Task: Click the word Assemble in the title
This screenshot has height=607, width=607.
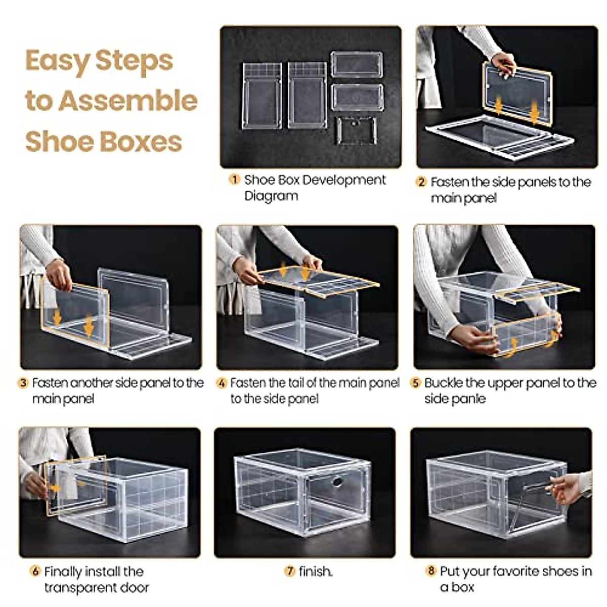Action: point(128,101)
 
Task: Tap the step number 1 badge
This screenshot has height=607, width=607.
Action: point(234,180)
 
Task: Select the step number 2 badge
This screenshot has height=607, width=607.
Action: point(421,182)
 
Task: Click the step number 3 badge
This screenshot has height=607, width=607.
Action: point(23,383)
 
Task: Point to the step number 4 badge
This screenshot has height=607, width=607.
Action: point(222,383)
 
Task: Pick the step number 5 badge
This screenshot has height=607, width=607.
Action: point(415,383)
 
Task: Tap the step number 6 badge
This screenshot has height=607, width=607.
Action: point(35,571)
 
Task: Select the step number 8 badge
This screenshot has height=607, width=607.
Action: point(430,571)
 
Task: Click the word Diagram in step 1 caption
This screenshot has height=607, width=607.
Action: point(271,196)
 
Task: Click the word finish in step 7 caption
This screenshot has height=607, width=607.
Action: point(315,571)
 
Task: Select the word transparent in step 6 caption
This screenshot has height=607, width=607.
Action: point(80,588)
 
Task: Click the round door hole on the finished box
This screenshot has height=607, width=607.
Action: point(337,481)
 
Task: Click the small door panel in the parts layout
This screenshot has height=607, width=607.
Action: point(356,130)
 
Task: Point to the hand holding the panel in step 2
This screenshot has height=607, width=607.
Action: point(504,65)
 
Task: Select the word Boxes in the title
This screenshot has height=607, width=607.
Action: point(141,142)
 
